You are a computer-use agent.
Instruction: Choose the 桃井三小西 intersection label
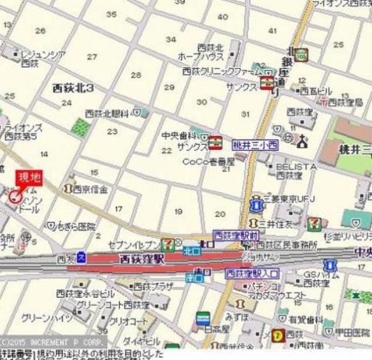[x=256, y=143]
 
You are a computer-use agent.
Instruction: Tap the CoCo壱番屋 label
[x=209, y=162]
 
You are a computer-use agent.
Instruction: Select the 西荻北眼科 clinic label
[x=108, y=113]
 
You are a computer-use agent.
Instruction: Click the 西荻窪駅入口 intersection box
[x=252, y=272]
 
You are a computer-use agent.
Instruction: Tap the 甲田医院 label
[x=354, y=332]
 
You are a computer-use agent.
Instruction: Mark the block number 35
[x=112, y=14]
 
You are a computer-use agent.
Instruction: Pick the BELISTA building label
[x=296, y=166]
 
